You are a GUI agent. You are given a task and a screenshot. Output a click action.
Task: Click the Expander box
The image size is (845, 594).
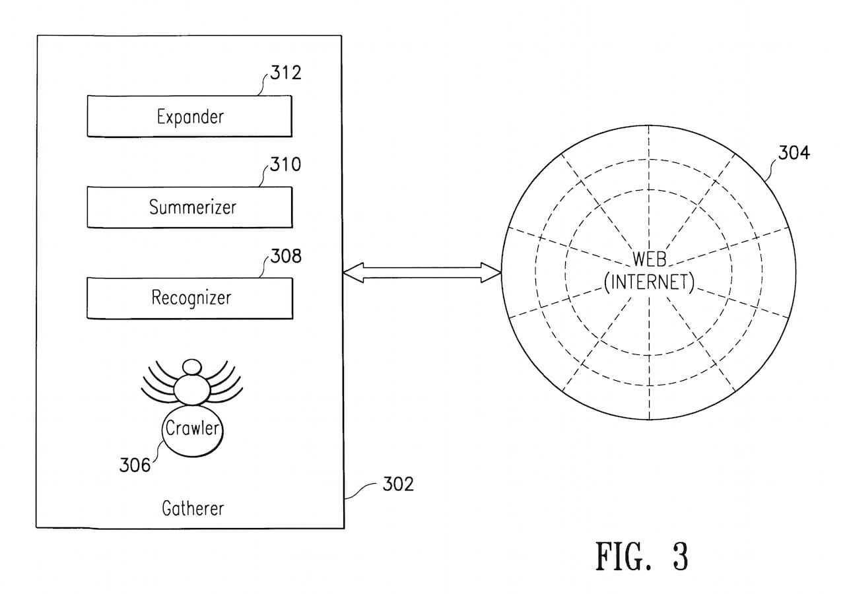(189, 116)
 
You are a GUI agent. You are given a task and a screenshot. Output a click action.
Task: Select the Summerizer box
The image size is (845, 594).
(189, 207)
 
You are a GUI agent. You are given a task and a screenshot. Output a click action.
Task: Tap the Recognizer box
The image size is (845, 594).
(189, 298)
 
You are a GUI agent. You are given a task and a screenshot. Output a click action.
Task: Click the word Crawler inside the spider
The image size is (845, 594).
(192, 428)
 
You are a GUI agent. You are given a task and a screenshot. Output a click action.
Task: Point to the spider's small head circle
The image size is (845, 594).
(192, 366)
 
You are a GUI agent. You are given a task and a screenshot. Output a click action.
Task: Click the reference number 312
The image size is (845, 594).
(285, 72)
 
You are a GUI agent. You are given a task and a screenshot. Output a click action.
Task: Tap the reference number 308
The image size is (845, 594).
(285, 255)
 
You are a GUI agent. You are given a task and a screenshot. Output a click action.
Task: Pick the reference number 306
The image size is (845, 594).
(135, 465)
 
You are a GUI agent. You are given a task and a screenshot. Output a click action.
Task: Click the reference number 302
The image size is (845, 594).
(398, 484)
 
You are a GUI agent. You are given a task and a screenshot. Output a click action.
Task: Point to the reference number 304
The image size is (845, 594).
(794, 153)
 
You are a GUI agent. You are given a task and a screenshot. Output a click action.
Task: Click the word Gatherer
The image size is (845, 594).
(193, 508)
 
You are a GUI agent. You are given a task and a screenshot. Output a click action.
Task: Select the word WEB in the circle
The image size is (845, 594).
(649, 259)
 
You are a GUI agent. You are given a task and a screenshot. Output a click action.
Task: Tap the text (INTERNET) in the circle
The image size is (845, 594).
(649, 282)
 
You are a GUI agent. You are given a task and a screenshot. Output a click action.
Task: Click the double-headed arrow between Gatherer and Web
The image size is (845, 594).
(422, 273)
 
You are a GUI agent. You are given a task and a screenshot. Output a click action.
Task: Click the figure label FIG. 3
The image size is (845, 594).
(642, 556)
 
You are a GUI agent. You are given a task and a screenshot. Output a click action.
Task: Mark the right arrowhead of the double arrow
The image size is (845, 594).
(492, 273)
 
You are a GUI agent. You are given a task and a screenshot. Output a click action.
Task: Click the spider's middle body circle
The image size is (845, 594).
(192, 389)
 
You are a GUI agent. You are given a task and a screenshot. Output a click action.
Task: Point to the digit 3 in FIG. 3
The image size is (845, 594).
(679, 556)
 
